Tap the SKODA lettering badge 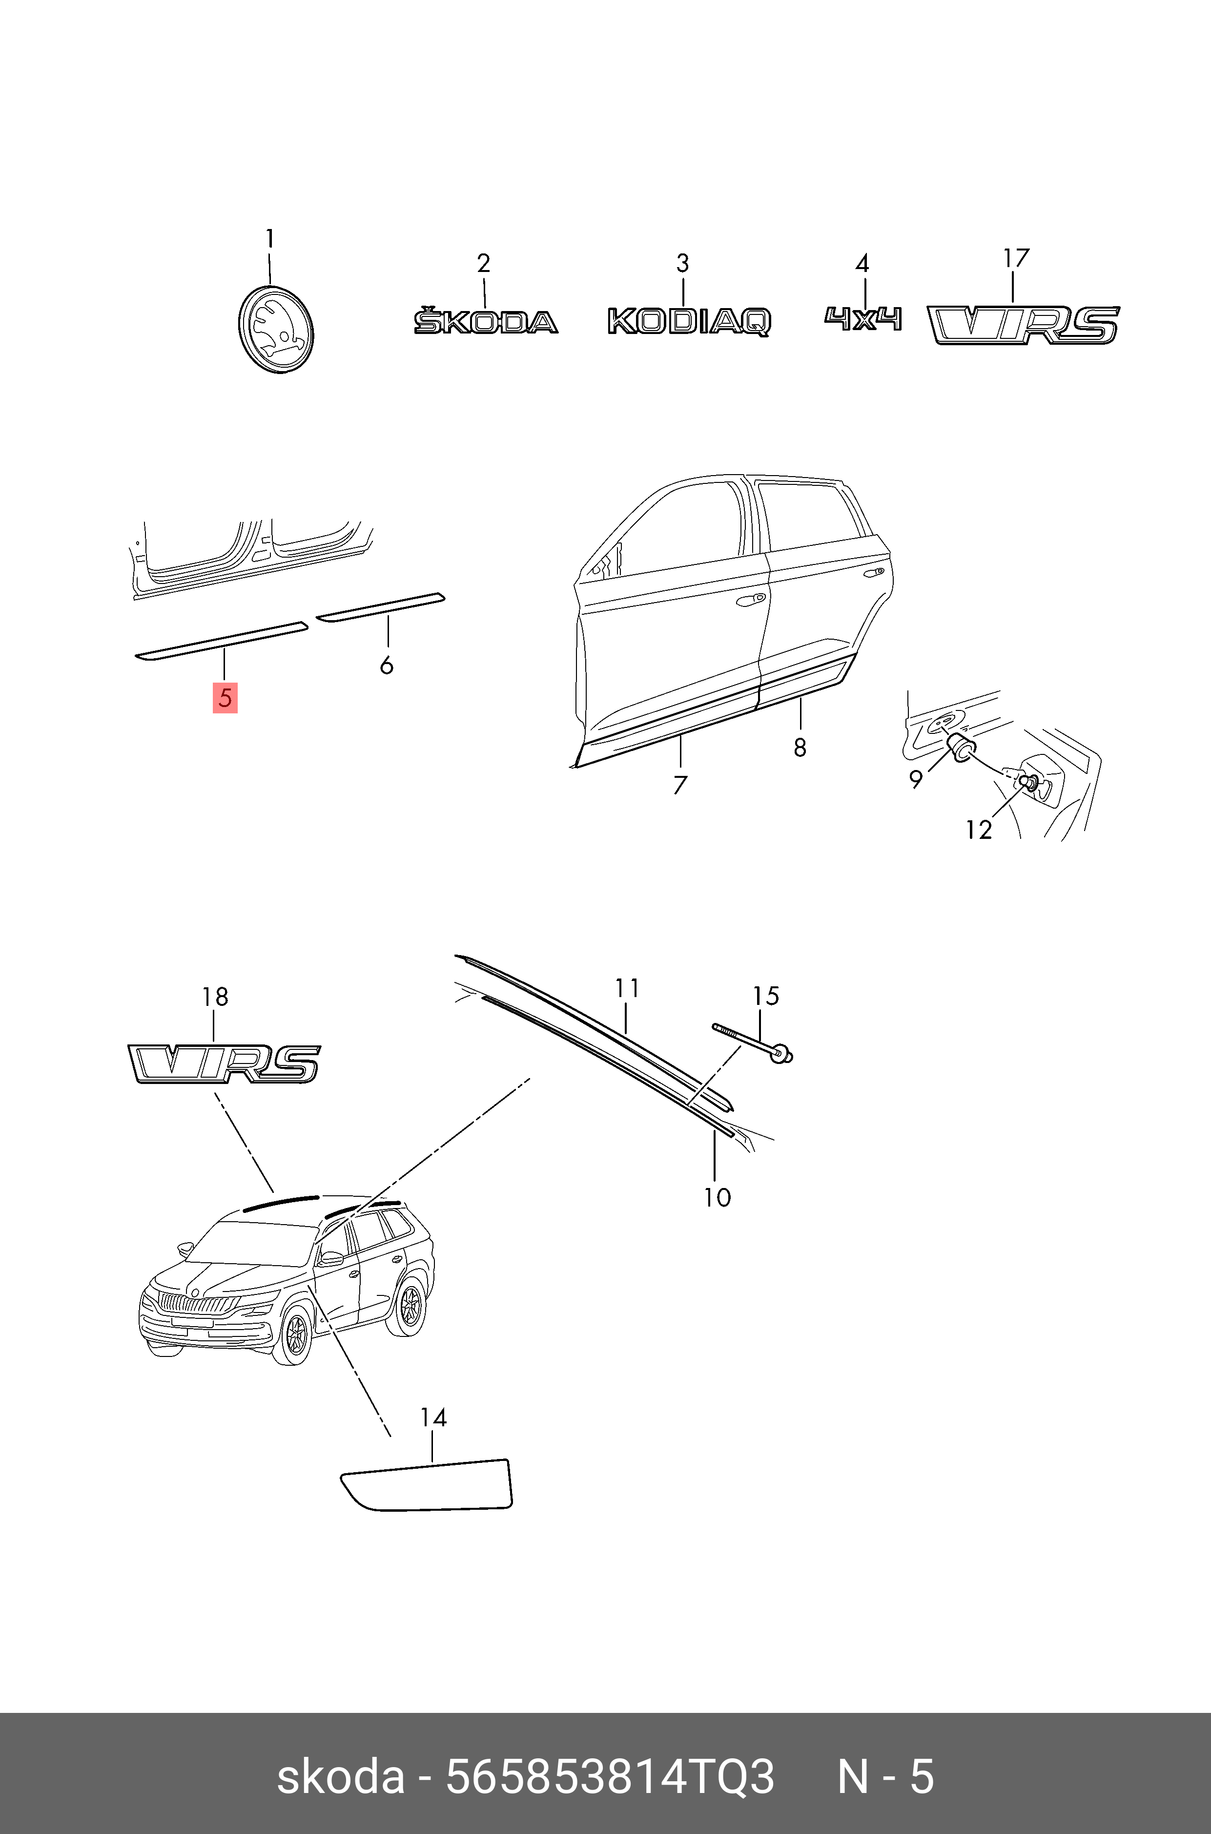tap(485, 321)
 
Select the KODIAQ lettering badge tap(689, 321)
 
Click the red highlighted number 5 tap(225, 698)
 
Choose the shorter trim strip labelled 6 tap(381, 605)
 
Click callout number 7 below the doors tap(679, 785)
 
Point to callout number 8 tap(800, 747)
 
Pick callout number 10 tap(717, 1197)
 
